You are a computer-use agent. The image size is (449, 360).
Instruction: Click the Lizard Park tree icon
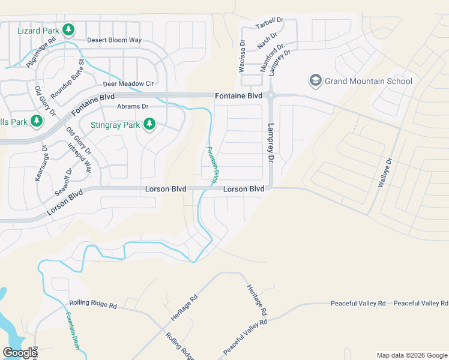(68, 29)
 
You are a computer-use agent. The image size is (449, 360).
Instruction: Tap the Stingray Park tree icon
(149, 125)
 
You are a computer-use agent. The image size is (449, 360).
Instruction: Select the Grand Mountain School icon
(315, 80)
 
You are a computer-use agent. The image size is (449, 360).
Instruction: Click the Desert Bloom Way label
(114, 40)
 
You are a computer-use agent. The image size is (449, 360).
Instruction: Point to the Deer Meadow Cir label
(128, 83)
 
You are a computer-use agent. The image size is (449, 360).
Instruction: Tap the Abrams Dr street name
(132, 106)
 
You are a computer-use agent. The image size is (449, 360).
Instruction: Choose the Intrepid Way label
(80, 158)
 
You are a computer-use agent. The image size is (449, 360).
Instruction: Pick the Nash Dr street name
(267, 43)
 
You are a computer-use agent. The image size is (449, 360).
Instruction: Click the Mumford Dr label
(272, 57)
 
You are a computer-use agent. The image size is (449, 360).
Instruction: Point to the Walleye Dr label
(384, 173)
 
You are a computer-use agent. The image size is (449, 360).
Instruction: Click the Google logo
(19, 353)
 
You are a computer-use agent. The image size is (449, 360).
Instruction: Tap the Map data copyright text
(411, 355)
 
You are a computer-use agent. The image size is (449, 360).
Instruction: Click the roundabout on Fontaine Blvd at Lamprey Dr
(271, 95)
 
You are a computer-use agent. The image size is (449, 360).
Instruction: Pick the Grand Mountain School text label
(369, 81)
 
